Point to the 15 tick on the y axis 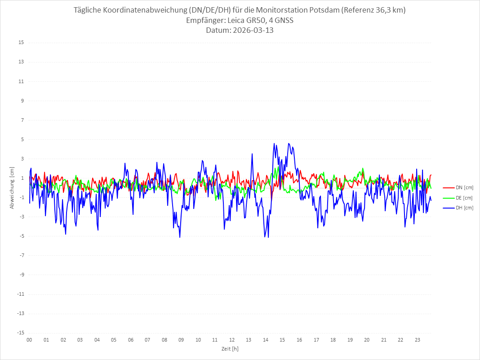(x=21, y=43)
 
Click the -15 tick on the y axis (x=20, y=333)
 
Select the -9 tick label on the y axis (x=21, y=275)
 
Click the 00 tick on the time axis (x=29, y=340)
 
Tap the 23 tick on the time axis (x=418, y=340)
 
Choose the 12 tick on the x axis (x=232, y=340)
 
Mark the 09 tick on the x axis (x=181, y=340)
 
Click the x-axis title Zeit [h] (x=230, y=348)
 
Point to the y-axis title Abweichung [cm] (x=12, y=188)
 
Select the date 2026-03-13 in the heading (x=251, y=31)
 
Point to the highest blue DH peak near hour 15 (x=289, y=143)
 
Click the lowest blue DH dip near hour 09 (x=180, y=237)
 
